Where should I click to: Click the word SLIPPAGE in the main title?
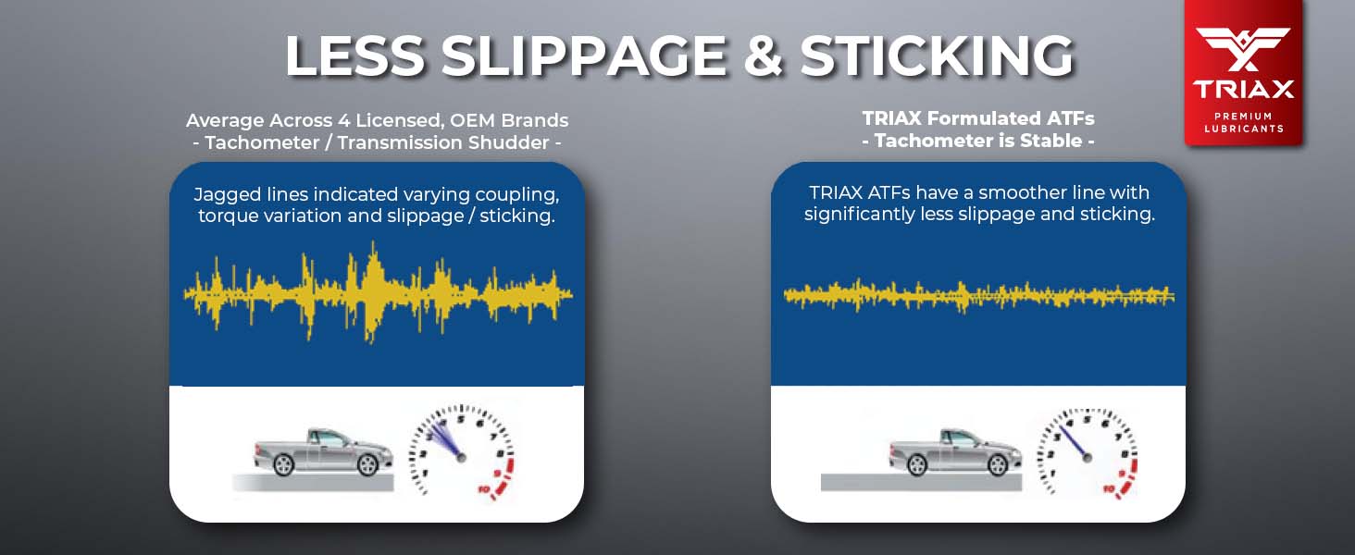[584, 55]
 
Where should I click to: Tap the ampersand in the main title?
[764, 55]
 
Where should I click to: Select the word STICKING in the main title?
[937, 55]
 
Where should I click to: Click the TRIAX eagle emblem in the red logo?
[1243, 49]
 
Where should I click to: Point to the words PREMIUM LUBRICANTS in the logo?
[1244, 122]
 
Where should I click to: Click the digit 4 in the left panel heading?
[344, 120]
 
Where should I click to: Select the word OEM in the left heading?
[473, 120]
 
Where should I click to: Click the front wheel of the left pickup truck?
[367, 464]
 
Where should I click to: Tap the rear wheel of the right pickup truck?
[917, 464]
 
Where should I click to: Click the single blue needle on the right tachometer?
[1073, 442]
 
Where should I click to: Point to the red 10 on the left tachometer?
[484, 488]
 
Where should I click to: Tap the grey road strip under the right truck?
[921, 482]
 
